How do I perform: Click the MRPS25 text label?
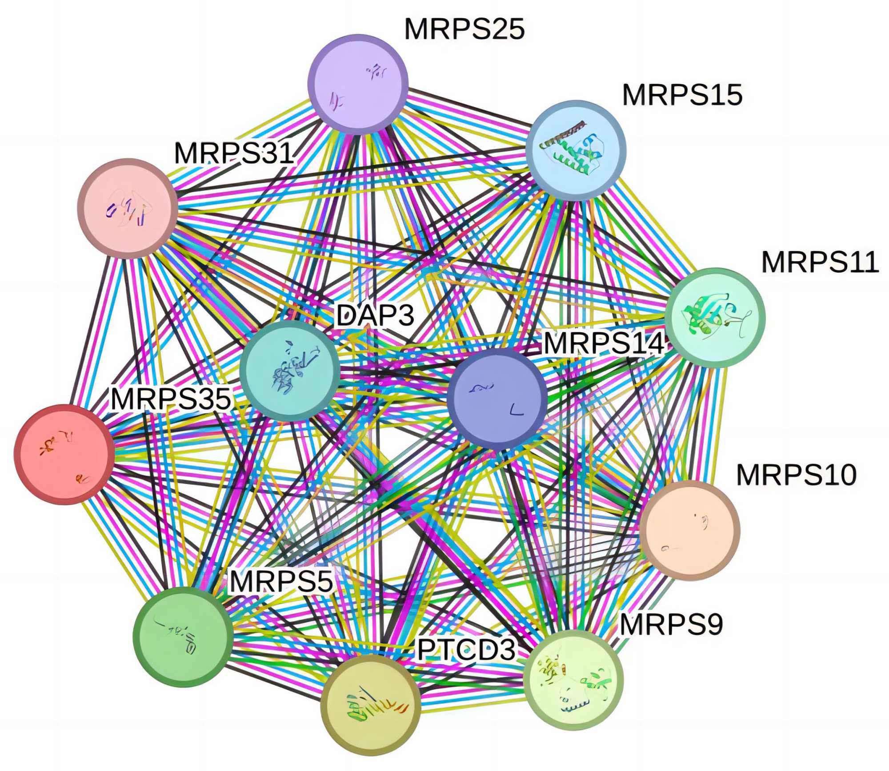coord(465,29)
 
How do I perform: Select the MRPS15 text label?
coord(682,95)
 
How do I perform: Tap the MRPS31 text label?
coord(234,153)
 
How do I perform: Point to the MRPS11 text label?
coord(820,262)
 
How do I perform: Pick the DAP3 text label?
coord(375,315)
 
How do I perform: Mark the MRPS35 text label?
coord(171,398)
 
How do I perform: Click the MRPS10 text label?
coord(797,475)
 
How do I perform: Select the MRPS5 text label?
coord(281,581)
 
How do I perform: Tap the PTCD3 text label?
coord(466,650)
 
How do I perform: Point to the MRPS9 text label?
coord(671,624)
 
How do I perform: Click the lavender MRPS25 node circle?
coord(358,84)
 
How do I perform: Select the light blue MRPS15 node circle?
coord(576,150)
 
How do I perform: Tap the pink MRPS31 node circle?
coord(128,208)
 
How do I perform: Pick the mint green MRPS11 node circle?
coord(715,318)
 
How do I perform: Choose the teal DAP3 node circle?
coord(289,371)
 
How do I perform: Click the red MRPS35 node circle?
coord(64,454)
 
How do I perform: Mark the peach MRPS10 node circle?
coord(690,530)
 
